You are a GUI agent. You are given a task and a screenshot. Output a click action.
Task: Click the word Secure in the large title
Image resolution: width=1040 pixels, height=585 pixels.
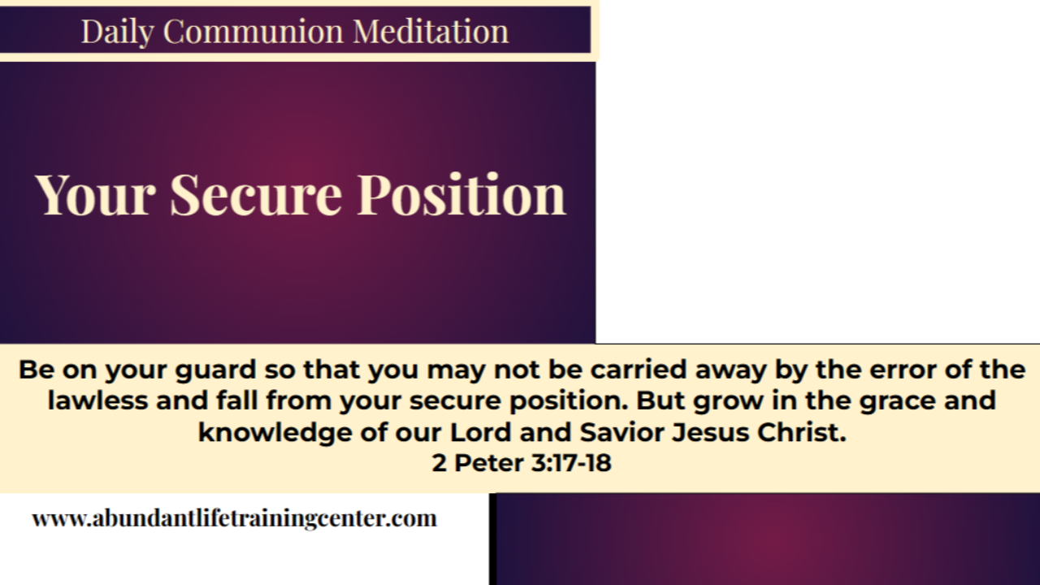pyautogui.click(x=256, y=195)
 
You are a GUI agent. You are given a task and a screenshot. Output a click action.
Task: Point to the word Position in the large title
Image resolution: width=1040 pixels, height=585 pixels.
pyautogui.click(x=461, y=195)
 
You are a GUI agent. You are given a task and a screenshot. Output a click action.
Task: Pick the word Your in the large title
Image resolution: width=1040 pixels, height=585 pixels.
pyautogui.click(x=96, y=195)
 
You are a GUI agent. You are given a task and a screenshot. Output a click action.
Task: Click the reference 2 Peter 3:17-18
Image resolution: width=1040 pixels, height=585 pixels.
pyautogui.click(x=521, y=463)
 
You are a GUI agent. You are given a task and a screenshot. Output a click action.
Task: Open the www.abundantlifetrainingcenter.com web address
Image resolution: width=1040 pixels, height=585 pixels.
pyautogui.click(x=234, y=518)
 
